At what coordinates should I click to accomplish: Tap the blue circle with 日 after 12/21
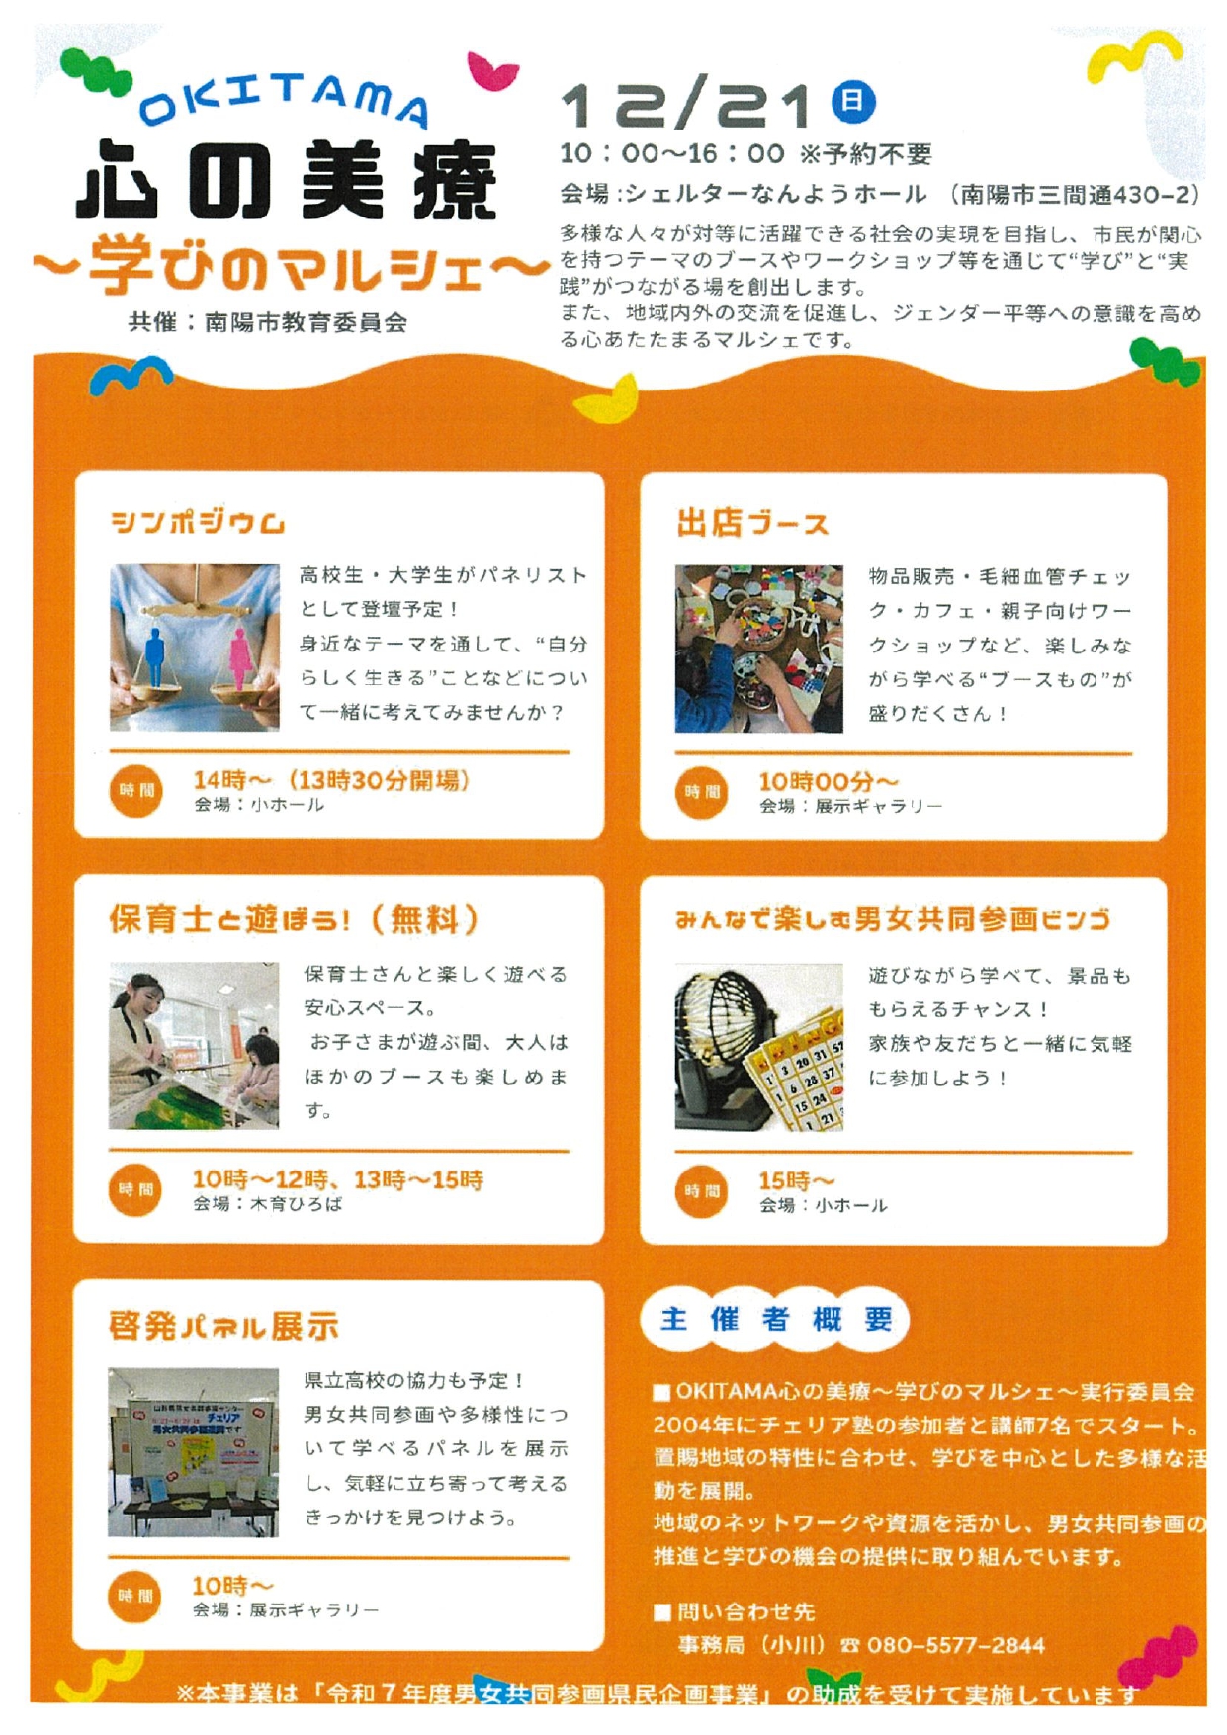pyautogui.click(x=853, y=102)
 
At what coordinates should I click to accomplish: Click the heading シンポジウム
pyautogui.click(x=198, y=522)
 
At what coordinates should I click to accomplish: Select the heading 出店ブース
pyautogui.click(x=751, y=523)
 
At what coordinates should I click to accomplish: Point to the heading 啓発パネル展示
pyautogui.click(x=223, y=1326)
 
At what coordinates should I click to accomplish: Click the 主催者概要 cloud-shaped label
pyautogui.click(x=775, y=1319)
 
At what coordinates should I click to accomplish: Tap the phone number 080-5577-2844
pyautogui.click(x=956, y=1645)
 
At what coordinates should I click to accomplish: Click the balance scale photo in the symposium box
pyautogui.click(x=194, y=648)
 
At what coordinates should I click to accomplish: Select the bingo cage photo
pyautogui.click(x=759, y=1047)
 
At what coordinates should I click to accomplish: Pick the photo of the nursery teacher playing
pyautogui.click(x=194, y=1046)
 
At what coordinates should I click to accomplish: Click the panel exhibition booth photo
pyautogui.click(x=194, y=1452)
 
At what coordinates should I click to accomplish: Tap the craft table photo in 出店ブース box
pyautogui.click(x=759, y=649)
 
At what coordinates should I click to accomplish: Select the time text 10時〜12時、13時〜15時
pyautogui.click(x=338, y=1179)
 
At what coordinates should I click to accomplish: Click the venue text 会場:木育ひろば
pyautogui.click(x=268, y=1204)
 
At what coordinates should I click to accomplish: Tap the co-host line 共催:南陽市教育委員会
pyautogui.click(x=268, y=323)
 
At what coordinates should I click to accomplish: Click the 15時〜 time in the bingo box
pyautogui.click(x=796, y=1180)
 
